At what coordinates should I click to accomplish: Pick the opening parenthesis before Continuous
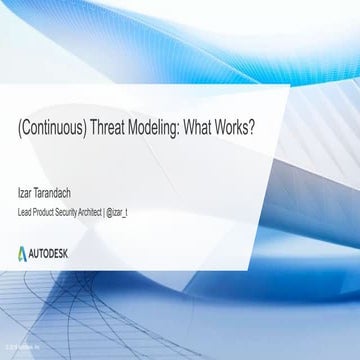(21, 132)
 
